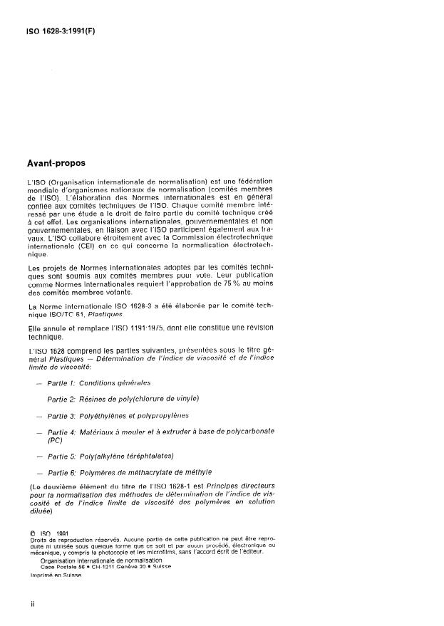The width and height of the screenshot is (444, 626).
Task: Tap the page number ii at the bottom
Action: [32, 604]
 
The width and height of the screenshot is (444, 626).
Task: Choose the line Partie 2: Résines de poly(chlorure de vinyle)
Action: [123, 397]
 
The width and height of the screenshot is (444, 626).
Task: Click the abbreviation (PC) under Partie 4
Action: [56, 440]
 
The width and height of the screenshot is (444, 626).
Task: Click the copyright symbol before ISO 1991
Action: [31, 531]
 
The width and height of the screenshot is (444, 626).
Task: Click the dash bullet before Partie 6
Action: [36, 472]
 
